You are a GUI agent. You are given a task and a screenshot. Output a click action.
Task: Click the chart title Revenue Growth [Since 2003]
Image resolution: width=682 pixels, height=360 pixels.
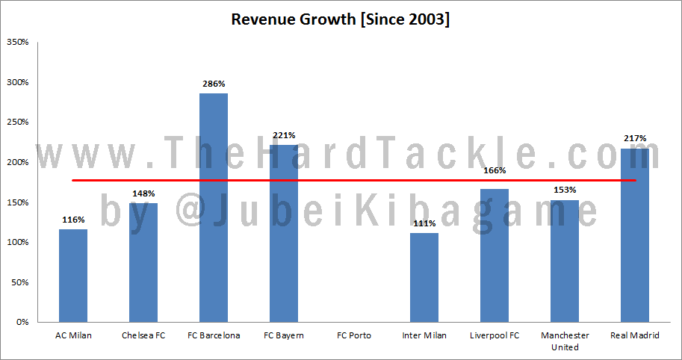click(340, 19)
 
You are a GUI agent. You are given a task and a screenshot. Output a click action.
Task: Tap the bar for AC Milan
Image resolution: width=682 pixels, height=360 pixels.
click(73, 276)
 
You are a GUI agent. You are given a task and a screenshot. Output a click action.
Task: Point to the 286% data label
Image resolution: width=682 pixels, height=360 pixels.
click(214, 84)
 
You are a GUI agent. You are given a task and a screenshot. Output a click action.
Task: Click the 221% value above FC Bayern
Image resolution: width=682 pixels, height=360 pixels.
click(284, 135)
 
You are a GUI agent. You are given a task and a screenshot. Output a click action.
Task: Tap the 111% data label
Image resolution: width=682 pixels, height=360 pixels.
click(424, 224)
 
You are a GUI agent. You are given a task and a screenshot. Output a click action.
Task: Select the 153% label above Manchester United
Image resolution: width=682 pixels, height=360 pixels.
click(565, 190)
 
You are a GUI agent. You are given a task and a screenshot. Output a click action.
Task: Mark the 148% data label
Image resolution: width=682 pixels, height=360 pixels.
click(143, 194)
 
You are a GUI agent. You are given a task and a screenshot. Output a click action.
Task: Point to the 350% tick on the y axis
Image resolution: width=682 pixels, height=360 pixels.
click(17, 42)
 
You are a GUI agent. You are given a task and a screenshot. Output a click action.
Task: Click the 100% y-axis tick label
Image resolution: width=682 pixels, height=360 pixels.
click(17, 243)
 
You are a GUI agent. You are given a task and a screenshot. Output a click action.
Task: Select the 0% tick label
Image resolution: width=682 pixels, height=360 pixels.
click(22, 323)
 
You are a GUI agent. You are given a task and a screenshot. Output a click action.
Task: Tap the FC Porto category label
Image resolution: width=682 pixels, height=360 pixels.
click(354, 335)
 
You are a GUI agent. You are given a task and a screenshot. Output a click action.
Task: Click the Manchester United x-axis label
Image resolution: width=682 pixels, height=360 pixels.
click(565, 341)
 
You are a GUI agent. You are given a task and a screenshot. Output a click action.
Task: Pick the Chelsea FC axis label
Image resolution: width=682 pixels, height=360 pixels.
click(143, 335)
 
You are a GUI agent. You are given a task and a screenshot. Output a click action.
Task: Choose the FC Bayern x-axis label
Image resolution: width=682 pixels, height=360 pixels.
click(284, 335)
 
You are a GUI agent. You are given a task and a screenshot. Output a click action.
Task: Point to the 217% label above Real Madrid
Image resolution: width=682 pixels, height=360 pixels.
click(635, 138)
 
